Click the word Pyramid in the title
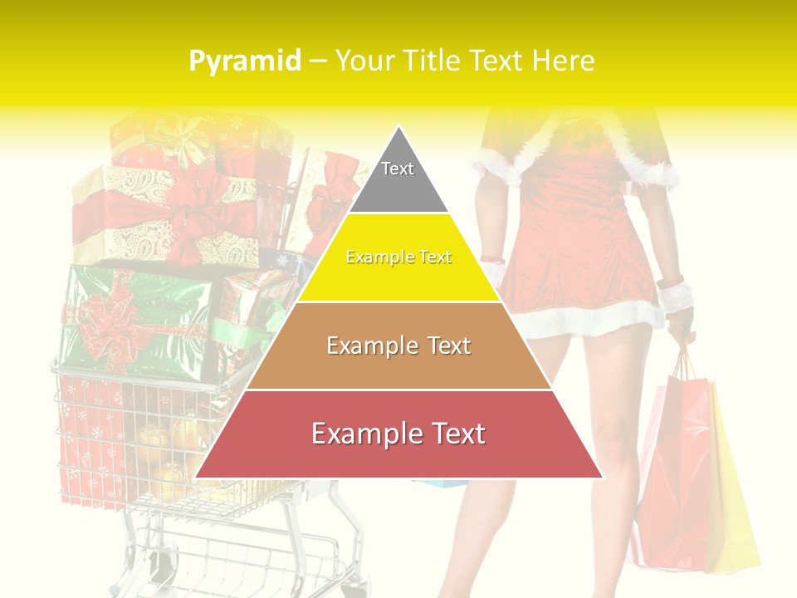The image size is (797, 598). point(244,61)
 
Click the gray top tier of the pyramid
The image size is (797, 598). point(398,179)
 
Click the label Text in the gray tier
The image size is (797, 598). point(398,169)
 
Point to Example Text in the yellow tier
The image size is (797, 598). point(398,257)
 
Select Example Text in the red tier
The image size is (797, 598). point(398,434)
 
